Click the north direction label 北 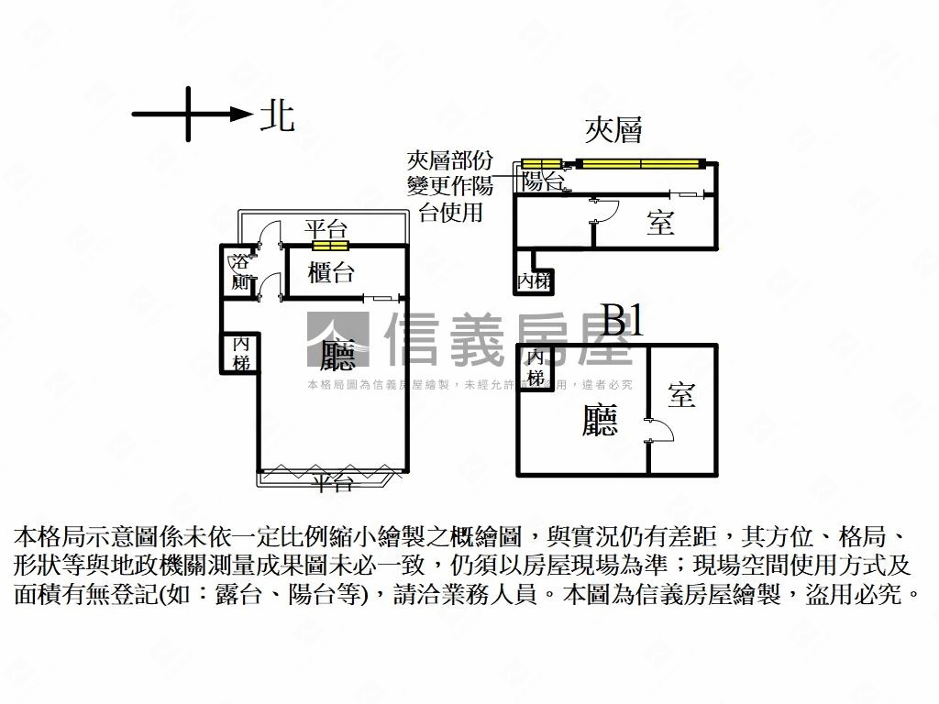click(x=276, y=115)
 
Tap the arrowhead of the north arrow click(x=241, y=115)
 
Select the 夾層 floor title click(x=613, y=130)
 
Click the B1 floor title click(x=623, y=322)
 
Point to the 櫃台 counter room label click(x=332, y=272)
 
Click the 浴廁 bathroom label click(x=240, y=272)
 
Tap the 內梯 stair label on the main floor click(x=241, y=353)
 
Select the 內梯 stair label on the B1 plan click(x=536, y=368)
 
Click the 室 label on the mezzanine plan click(x=660, y=223)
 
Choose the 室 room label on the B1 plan click(x=681, y=395)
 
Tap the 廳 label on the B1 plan click(x=601, y=421)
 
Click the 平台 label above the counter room click(x=326, y=229)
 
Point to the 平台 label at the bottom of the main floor click(x=332, y=483)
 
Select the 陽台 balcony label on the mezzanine click(x=542, y=181)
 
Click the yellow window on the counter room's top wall click(x=330, y=245)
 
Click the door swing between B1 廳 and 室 click(x=653, y=430)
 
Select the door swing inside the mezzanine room click(x=605, y=211)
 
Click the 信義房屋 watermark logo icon click(x=337, y=340)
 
